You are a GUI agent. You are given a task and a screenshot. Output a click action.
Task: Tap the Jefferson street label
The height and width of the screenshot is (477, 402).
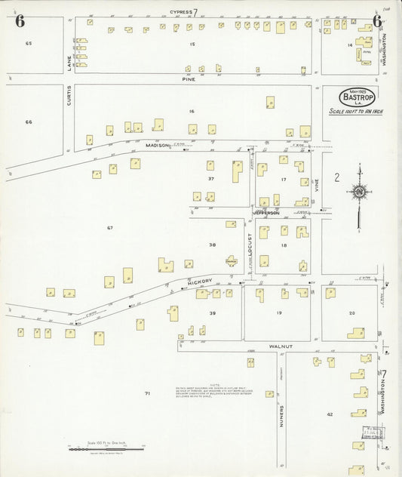coord(267,213)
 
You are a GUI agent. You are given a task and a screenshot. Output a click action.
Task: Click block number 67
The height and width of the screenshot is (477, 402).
coord(109,227)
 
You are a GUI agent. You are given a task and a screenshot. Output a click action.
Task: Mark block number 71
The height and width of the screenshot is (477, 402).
coord(148,393)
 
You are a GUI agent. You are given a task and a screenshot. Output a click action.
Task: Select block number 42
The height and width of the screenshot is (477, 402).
coord(330,414)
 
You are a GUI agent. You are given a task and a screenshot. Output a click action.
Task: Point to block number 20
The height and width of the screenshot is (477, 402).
coord(351,312)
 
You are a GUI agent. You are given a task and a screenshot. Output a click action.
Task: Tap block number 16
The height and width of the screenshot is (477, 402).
coord(192,111)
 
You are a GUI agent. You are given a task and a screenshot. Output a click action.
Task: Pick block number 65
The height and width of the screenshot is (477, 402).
coord(29,44)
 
